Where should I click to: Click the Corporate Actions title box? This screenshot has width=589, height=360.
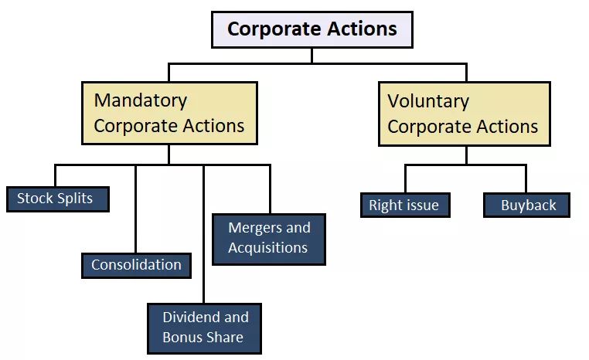[x=312, y=30]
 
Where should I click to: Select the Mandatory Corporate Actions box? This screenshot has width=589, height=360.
[x=169, y=113]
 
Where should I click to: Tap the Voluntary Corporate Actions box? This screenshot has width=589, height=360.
[x=464, y=114]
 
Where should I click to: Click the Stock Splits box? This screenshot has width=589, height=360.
[x=57, y=199]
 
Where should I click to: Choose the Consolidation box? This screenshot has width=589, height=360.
[x=136, y=265]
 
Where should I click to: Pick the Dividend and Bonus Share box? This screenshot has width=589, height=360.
[x=205, y=328]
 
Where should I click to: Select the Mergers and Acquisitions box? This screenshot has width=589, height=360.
[x=269, y=238]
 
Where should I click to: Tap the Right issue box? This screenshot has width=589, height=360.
[x=404, y=205]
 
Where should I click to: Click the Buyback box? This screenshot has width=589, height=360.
[x=527, y=205]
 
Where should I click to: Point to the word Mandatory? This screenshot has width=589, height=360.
[x=141, y=100]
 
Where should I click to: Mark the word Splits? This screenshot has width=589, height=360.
[x=74, y=199]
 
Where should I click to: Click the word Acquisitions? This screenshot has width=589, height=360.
[x=267, y=248]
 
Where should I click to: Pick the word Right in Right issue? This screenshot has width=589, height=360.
[x=385, y=205]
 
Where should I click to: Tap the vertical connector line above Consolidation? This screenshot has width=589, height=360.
[x=136, y=209]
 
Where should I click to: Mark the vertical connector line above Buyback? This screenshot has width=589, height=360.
[x=526, y=178]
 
